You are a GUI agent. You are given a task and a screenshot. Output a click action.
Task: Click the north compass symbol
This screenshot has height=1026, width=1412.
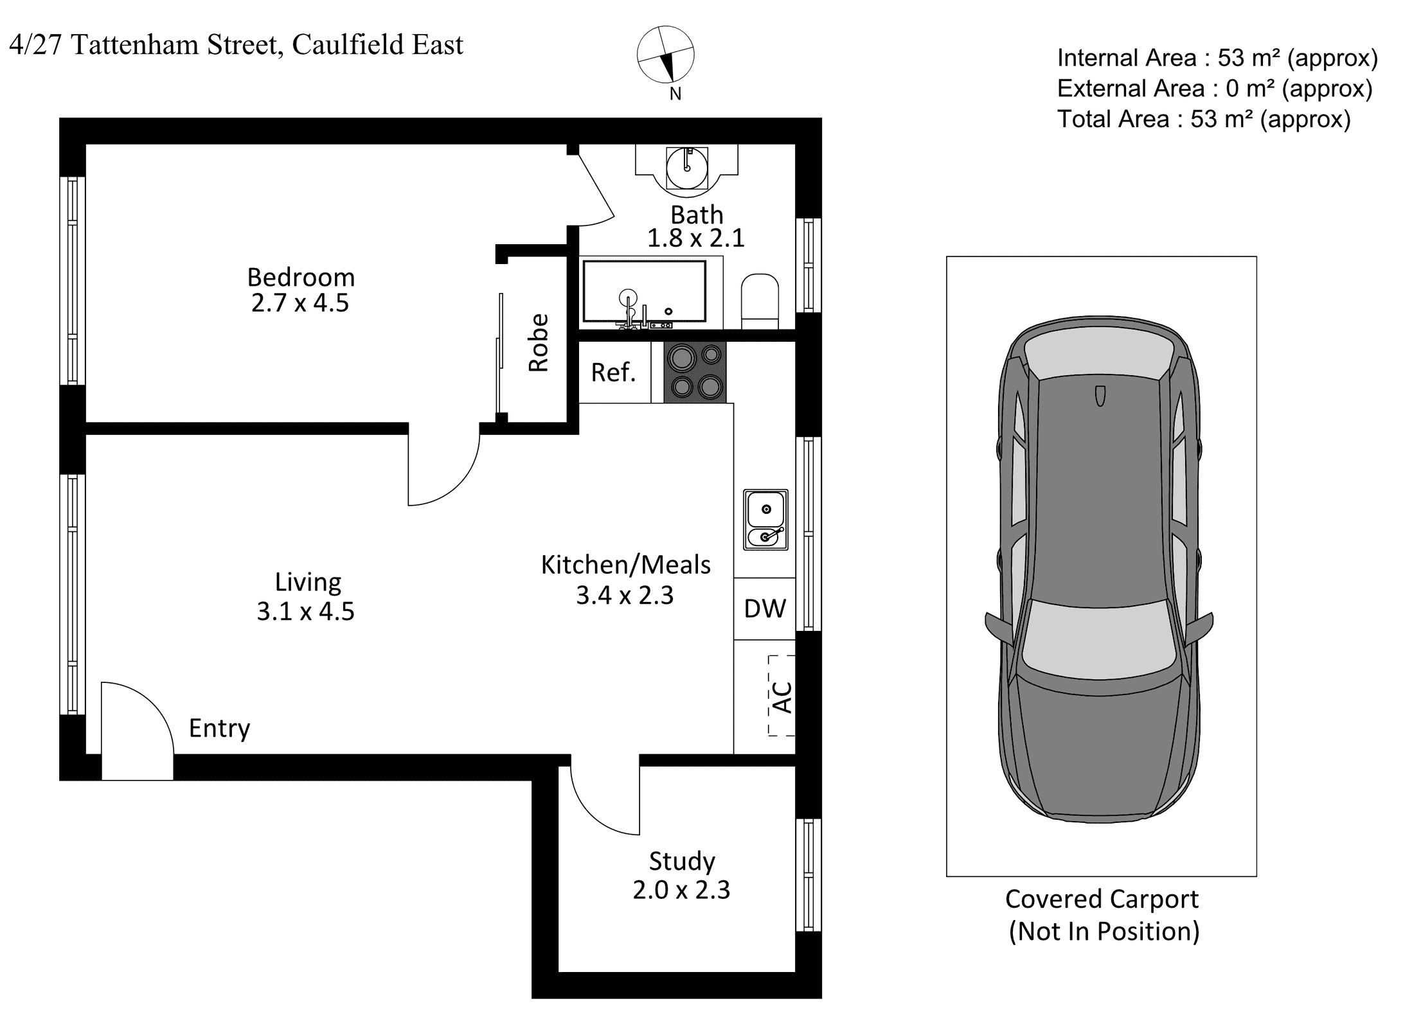665,55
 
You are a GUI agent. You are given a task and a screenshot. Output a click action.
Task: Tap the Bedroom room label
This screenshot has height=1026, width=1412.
301,278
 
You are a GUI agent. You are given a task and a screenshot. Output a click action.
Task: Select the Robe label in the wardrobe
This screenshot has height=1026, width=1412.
539,342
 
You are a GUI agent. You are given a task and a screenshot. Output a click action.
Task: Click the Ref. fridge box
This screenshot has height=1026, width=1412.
614,372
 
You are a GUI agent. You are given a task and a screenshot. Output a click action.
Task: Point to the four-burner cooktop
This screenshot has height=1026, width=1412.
695,372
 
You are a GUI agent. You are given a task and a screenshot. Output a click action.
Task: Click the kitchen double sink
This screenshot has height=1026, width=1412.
765,519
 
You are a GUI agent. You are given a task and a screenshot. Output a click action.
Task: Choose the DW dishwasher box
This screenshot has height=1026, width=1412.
765,608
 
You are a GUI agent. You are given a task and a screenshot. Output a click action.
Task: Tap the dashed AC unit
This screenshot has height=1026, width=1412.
782,695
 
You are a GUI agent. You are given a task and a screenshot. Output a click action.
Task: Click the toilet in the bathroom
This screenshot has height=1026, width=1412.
760,301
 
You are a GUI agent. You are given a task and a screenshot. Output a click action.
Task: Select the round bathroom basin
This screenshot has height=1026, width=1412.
687,168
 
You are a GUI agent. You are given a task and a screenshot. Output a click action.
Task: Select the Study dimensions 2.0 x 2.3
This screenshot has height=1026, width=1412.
681,890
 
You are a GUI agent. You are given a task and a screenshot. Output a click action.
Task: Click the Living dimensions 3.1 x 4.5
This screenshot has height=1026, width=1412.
305,611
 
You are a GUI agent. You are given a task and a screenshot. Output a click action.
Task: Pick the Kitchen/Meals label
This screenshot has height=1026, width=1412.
626,565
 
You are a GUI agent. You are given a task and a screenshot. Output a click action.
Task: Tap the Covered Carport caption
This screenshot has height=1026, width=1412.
1102,899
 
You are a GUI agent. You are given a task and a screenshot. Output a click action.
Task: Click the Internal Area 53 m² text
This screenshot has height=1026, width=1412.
1218,58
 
